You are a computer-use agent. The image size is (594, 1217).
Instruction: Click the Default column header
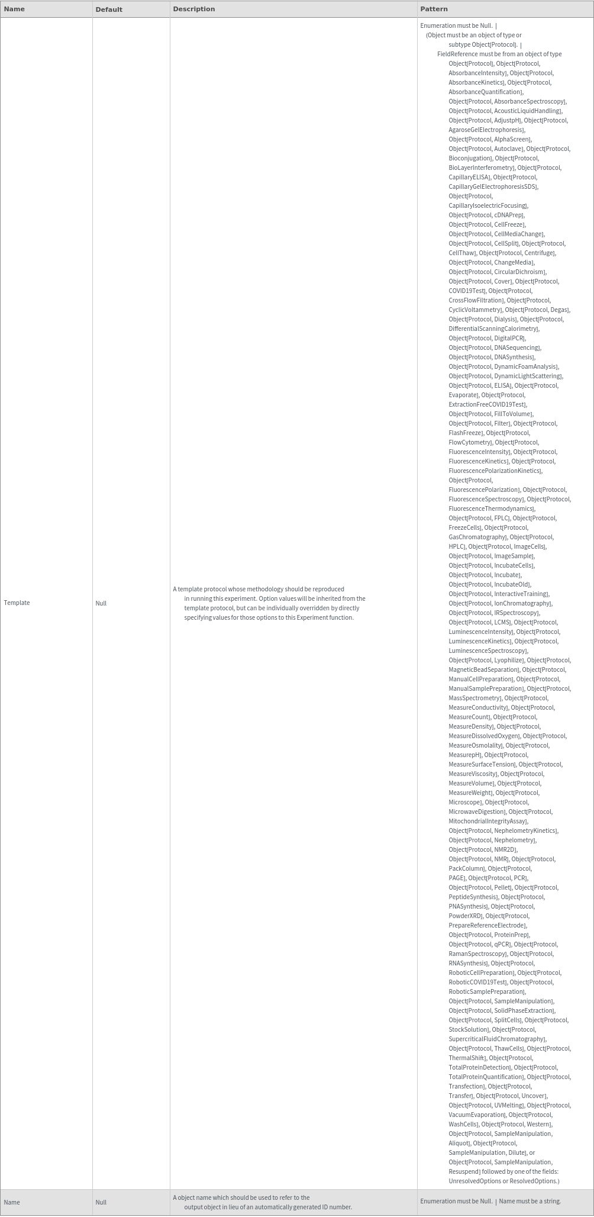tap(109, 9)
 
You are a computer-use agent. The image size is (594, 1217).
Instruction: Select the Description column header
tap(194, 9)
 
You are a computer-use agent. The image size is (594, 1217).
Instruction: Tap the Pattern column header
tap(434, 9)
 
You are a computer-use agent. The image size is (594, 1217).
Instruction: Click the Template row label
tap(17, 603)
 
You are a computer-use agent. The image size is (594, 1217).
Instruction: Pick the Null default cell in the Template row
tap(101, 603)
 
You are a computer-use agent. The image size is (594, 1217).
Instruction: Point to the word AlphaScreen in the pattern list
tap(512, 139)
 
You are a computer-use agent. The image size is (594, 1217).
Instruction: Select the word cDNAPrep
tap(508, 215)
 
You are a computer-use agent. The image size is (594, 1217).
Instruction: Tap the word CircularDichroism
tap(519, 272)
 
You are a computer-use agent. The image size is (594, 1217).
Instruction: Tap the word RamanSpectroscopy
tap(477, 954)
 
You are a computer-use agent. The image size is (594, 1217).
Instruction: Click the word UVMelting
tap(508, 1105)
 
